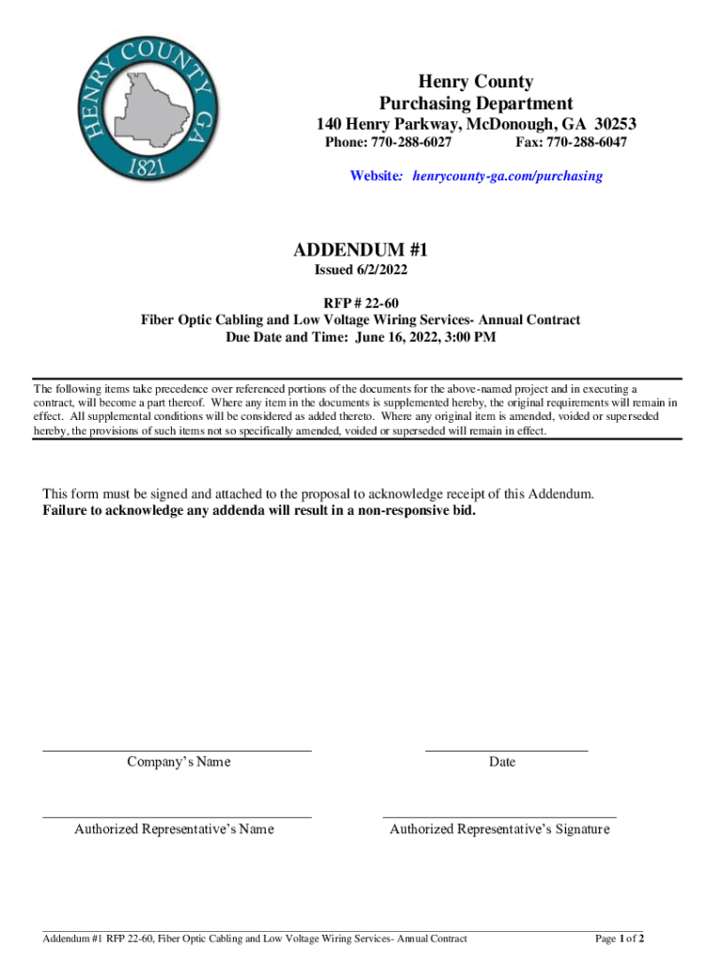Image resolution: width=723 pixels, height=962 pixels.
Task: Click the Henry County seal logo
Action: click(x=152, y=106)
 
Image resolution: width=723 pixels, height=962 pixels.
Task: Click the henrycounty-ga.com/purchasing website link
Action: click(x=508, y=176)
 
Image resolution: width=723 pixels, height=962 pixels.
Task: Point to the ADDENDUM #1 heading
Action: click(x=361, y=250)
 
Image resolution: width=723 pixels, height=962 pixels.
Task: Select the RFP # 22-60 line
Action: click(x=361, y=302)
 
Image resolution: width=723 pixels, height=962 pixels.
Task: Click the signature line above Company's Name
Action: click(x=177, y=751)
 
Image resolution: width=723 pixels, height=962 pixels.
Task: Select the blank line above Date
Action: click(x=506, y=751)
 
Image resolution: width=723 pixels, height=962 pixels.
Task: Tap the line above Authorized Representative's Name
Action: click(x=177, y=817)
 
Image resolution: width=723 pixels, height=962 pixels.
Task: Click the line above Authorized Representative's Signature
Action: click(x=500, y=817)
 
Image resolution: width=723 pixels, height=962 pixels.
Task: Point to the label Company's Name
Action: click(x=178, y=762)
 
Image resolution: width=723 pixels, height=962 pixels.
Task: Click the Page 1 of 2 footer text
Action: click(x=620, y=939)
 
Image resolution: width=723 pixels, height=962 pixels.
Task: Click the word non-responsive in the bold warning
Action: click(x=410, y=511)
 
